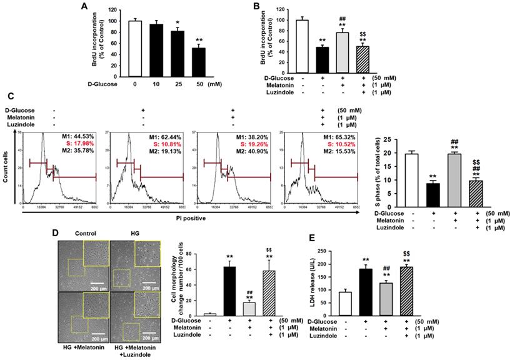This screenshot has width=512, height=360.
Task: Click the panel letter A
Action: [83, 7]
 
